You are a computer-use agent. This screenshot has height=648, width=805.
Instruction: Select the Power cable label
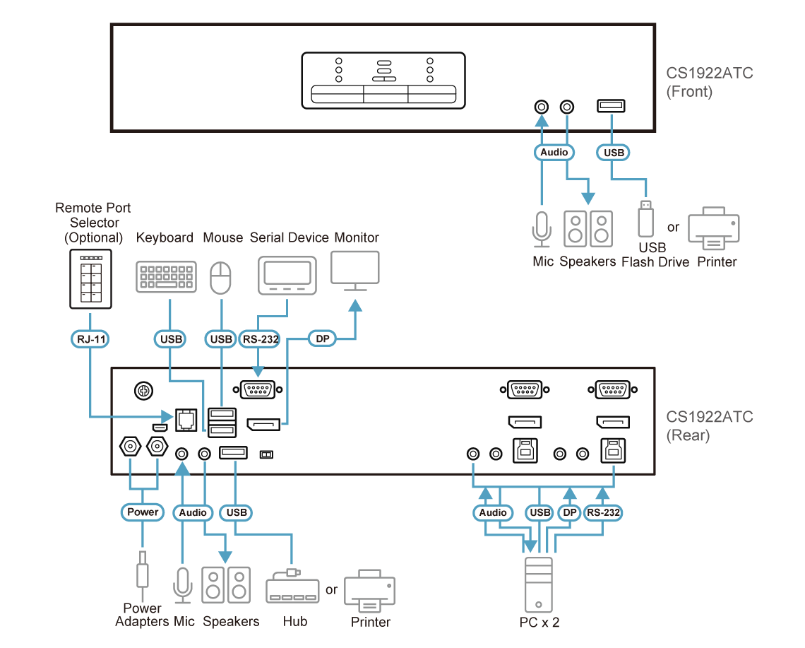[143, 512]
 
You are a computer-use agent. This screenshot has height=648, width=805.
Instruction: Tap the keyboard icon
[166, 278]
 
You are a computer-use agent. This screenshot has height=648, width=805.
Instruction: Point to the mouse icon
[221, 278]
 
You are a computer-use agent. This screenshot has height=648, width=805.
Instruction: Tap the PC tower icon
[539, 584]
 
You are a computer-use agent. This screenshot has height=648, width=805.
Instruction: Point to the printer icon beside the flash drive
[714, 229]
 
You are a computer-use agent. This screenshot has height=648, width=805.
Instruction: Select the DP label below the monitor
[323, 340]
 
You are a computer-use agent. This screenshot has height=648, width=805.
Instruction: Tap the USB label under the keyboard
[171, 340]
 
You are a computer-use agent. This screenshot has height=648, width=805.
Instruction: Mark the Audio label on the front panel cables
[554, 152]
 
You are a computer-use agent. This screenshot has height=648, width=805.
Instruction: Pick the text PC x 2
[539, 621]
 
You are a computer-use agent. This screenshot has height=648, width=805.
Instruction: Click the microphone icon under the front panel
[541, 228]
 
